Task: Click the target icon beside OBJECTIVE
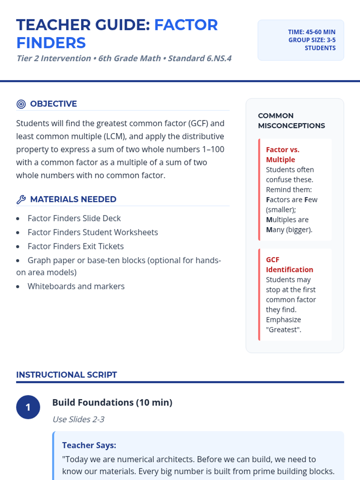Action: click(21, 104)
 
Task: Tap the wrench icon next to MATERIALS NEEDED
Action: click(21, 199)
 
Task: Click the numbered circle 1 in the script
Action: click(28, 407)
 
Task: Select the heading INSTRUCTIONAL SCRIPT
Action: click(67, 375)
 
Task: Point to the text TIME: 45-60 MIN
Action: click(312, 32)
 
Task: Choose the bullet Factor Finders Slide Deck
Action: click(74, 218)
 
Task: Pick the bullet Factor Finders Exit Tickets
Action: click(76, 246)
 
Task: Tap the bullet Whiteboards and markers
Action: click(76, 286)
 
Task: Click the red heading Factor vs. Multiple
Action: click(282, 154)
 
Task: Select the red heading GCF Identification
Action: click(289, 265)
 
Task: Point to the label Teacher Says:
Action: click(89, 445)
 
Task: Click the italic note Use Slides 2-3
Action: click(78, 419)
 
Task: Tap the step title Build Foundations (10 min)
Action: click(112, 403)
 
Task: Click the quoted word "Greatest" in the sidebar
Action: click(283, 330)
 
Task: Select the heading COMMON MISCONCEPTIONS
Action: click(291, 121)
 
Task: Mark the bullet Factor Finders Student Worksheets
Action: click(93, 232)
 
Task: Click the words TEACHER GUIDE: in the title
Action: click(83, 25)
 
